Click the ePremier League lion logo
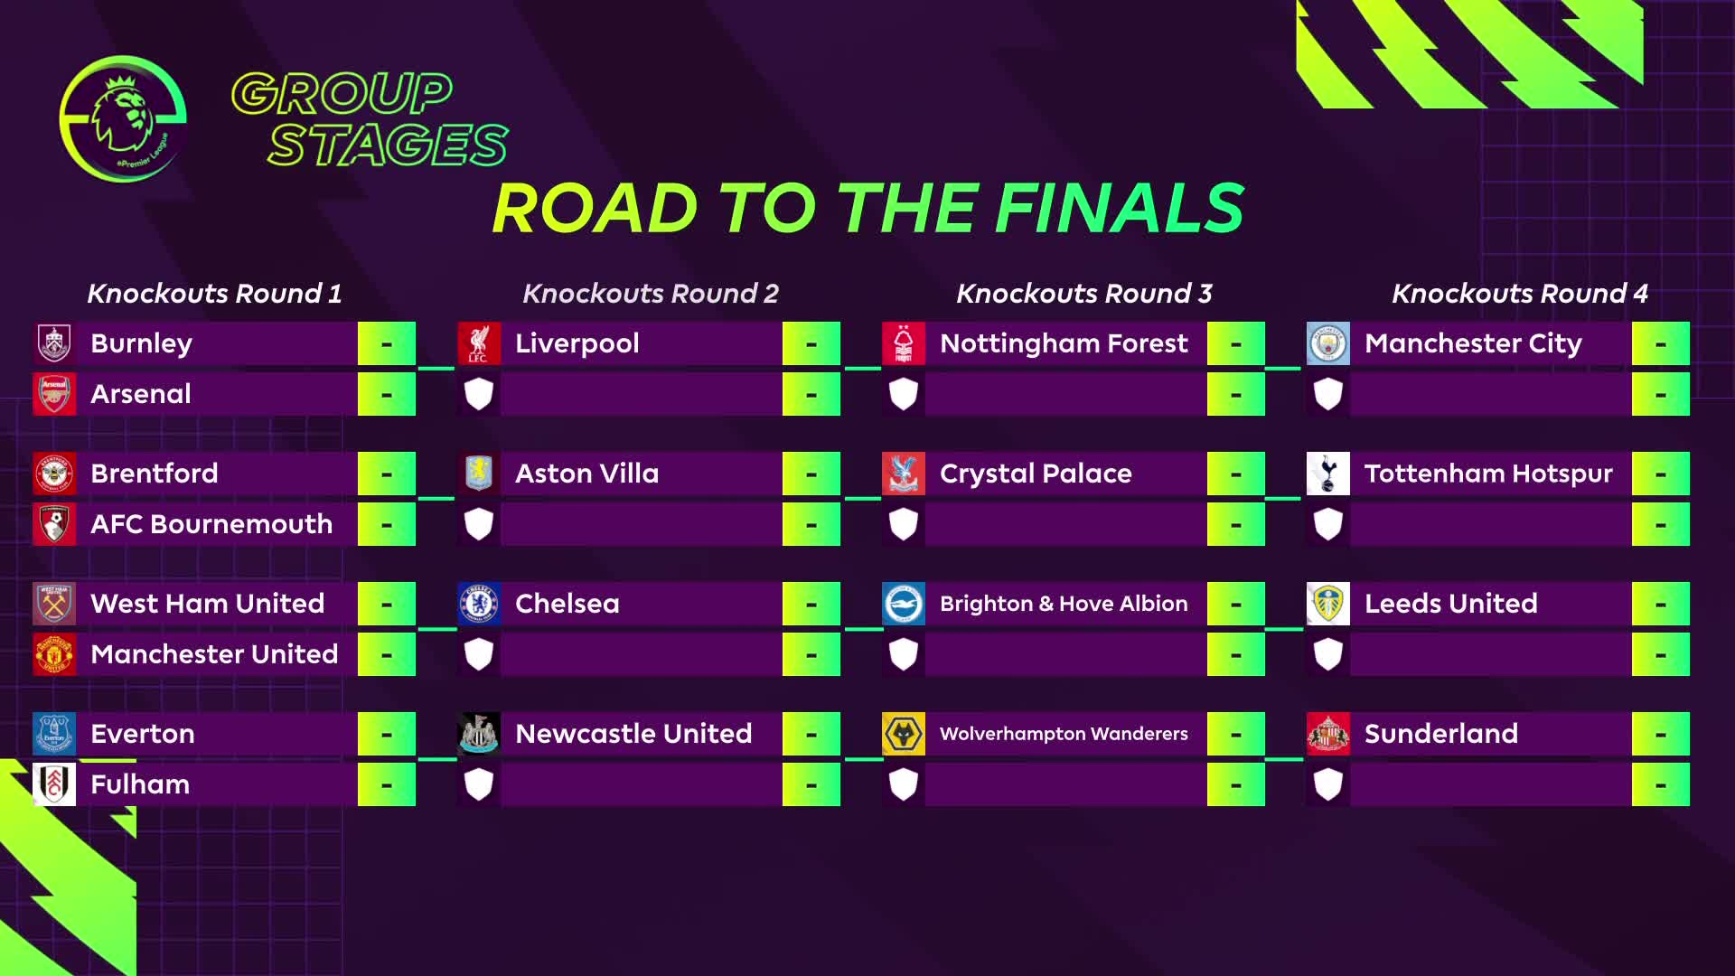click(123, 118)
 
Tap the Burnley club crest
click(54, 343)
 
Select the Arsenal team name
click(141, 394)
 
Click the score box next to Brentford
click(387, 474)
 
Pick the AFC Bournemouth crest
click(54, 524)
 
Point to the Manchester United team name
click(214, 654)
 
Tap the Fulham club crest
click(54, 784)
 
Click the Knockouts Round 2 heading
click(651, 294)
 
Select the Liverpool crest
click(479, 343)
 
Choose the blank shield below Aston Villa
click(479, 524)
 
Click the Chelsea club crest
click(479, 604)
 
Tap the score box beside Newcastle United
click(811, 734)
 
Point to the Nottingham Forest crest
click(904, 343)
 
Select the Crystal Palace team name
click(1036, 474)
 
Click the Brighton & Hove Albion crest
click(904, 604)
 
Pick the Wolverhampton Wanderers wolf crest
click(904, 734)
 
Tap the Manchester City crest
click(1328, 343)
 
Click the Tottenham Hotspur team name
click(1488, 474)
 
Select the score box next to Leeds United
click(1661, 604)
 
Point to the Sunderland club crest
click(1328, 734)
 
